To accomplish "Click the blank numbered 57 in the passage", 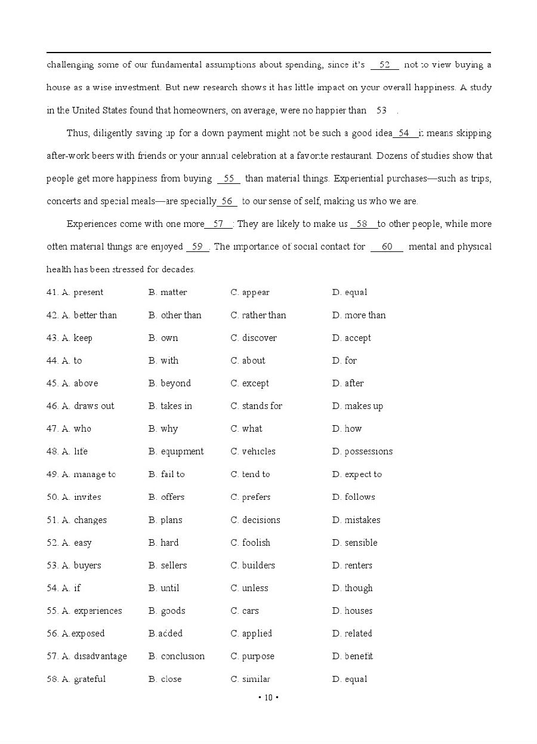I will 218,224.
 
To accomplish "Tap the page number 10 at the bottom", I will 268,697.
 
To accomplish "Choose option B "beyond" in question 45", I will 175,383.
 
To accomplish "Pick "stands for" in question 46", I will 262,406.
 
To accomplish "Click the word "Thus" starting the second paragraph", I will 78,133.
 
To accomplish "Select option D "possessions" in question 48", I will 368,451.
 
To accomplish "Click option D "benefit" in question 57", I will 359,656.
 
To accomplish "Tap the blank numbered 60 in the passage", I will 387,247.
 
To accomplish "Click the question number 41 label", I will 52,293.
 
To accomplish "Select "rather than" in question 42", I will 264,315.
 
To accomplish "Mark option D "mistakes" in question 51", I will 362,520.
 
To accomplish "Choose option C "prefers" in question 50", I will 256,497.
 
